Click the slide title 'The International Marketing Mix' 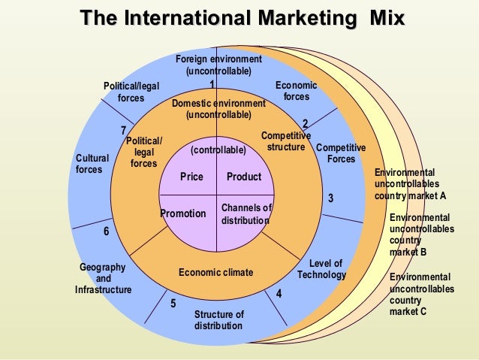[x=242, y=17]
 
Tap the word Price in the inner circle [x=192, y=177]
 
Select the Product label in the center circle [x=244, y=177]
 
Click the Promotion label [x=183, y=214]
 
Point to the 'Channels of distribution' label [x=246, y=214]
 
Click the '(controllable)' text [x=218, y=150]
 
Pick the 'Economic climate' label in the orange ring [x=216, y=272]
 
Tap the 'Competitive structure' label [x=285, y=141]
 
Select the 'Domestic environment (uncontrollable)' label [x=218, y=109]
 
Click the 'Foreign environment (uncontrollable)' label [x=218, y=65]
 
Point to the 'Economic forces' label [x=297, y=92]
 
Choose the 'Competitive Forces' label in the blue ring [x=341, y=153]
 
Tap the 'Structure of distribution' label [x=218, y=320]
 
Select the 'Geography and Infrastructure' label [x=103, y=278]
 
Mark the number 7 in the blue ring [x=124, y=131]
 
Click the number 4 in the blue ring [x=279, y=294]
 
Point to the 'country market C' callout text [x=421, y=294]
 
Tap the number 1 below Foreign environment [x=212, y=84]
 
